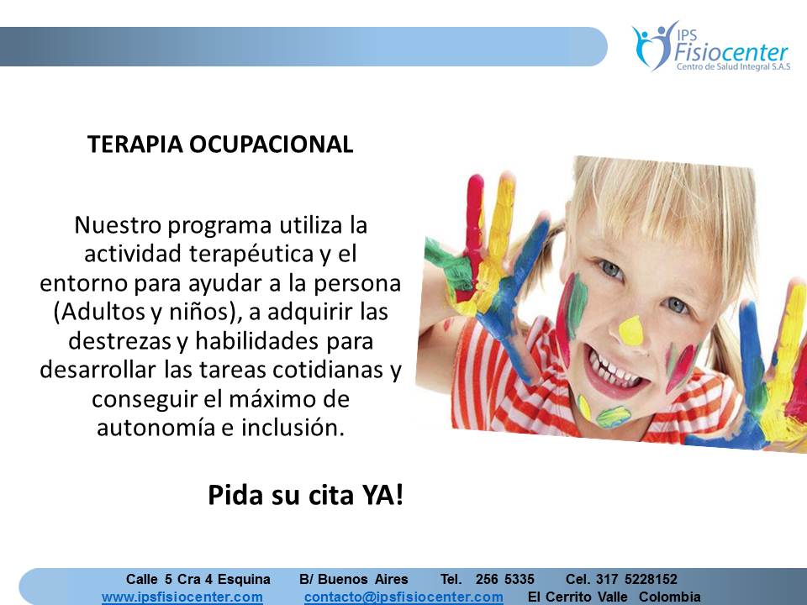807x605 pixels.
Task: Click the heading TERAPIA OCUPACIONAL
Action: point(220,144)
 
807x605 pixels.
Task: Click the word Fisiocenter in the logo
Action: point(731,51)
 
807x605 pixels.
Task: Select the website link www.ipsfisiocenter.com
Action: point(182,597)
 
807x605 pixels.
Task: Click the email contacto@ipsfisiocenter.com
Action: point(403,597)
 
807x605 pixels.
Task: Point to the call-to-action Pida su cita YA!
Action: point(306,496)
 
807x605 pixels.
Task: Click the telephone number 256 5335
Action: point(505,579)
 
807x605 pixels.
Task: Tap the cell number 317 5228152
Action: point(636,579)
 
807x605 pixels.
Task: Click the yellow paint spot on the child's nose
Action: point(630,330)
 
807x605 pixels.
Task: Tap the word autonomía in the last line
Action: point(155,428)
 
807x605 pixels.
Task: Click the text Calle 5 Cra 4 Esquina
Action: point(198,579)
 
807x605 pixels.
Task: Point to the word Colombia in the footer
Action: point(670,597)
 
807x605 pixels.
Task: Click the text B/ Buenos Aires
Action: point(354,579)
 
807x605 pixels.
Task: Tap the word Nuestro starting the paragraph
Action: point(118,225)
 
